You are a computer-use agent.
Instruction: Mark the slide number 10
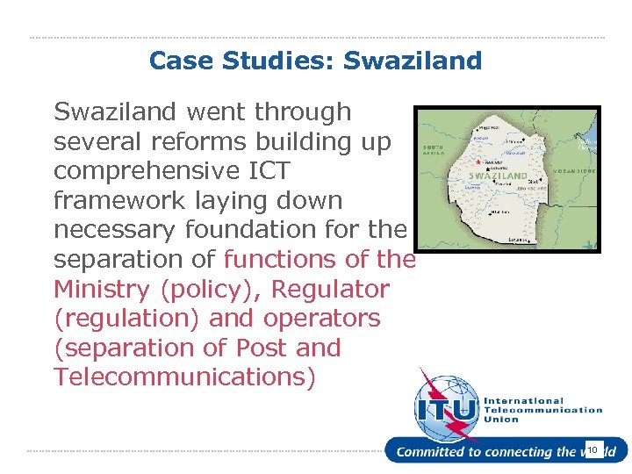pos(592,450)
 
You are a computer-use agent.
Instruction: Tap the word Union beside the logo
pos(501,420)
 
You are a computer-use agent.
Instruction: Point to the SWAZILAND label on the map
pos(499,176)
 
